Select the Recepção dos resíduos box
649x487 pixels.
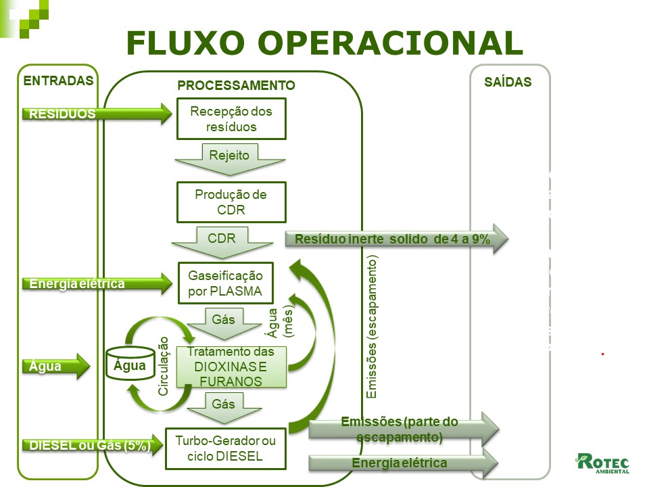click(x=231, y=119)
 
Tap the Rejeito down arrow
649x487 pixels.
click(x=229, y=159)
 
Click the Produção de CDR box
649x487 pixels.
click(x=231, y=202)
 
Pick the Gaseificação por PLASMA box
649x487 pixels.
click(x=226, y=283)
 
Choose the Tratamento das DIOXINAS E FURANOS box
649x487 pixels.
click(x=231, y=367)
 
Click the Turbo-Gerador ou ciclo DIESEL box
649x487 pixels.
click(x=226, y=448)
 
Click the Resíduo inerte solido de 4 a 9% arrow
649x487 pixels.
click(x=395, y=239)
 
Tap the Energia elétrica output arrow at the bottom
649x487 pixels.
click(x=403, y=463)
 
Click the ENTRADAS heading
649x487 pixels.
click(x=58, y=80)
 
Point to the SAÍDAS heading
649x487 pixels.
click(x=508, y=83)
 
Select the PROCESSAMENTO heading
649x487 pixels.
click(x=236, y=86)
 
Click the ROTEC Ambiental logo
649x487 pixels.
click(x=602, y=463)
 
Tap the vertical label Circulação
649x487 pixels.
click(x=164, y=365)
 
